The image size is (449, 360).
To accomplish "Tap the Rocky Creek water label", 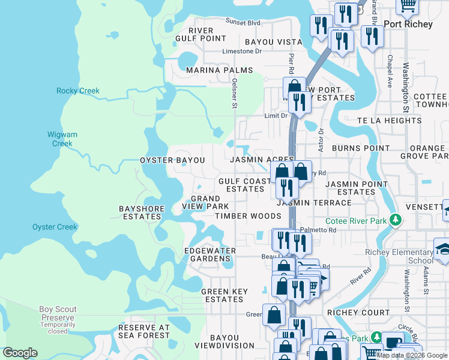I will (78, 91).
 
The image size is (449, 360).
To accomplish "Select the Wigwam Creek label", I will (62, 139).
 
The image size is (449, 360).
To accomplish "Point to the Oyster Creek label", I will (55, 227).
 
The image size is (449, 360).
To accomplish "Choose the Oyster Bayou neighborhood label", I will (172, 161).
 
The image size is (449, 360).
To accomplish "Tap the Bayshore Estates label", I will (142, 212).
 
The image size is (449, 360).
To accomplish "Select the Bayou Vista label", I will (274, 42).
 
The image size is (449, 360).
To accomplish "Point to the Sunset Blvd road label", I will (243, 23).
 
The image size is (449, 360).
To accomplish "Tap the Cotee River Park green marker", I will (395, 221).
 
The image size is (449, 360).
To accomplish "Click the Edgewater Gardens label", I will (210, 254).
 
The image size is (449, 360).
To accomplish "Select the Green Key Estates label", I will (224, 295).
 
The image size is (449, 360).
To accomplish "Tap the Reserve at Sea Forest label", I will (144, 332).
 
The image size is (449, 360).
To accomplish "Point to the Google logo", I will (20, 353).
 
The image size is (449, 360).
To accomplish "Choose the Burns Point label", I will (352, 148).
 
